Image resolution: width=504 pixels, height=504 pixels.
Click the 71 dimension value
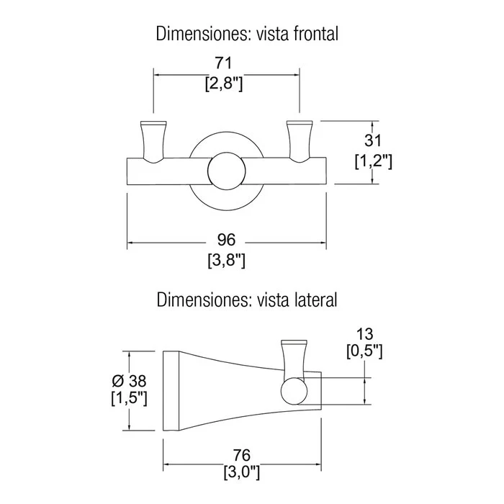[x=223, y=63]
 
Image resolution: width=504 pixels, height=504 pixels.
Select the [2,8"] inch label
[x=224, y=84]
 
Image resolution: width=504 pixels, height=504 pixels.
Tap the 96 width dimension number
[x=226, y=240]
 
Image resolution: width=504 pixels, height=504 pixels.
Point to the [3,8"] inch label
[x=227, y=261]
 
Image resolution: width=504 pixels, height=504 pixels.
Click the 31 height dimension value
[x=373, y=140]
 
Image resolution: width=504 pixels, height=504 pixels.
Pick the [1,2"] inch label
[x=374, y=161]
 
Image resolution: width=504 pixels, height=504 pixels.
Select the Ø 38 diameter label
[x=129, y=381]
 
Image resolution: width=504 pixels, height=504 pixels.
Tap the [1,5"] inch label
[x=129, y=399]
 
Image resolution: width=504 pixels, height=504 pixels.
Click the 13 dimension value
[x=364, y=334]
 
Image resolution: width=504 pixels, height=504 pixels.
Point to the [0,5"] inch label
[x=364, y=351]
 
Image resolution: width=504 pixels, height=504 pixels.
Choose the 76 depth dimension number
[x=241, y=455]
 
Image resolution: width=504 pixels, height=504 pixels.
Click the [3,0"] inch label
[x=242, y=472]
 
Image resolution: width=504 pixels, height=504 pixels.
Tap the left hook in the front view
[x=153, y=142]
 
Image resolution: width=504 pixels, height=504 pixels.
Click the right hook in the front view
[x=300, y=142]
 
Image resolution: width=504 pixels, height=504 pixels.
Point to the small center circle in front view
[x=227, y=171]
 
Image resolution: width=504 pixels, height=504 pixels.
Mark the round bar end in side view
[x=294, y=390]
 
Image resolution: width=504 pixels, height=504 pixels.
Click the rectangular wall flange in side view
[x=171, y=391]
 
